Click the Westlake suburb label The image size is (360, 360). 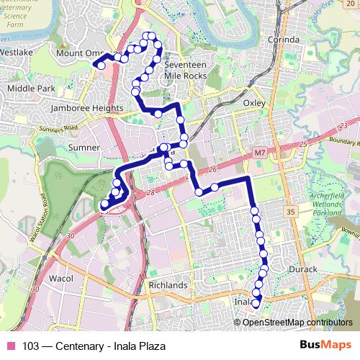(x=17, y=53)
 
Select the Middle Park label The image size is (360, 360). (x=30, y=88)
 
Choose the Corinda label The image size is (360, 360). (x=281, y=40)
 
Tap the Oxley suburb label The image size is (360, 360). (x=254, y=103)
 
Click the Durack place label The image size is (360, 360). (x=302, y=269)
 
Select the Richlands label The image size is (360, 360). (x=168, y=285)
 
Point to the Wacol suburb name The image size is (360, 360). (x=60, y=277)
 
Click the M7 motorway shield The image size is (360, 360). (x=260, y=153)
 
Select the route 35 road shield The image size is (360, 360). (x=289, y=212)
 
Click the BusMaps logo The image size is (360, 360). (x=325, y=345)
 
